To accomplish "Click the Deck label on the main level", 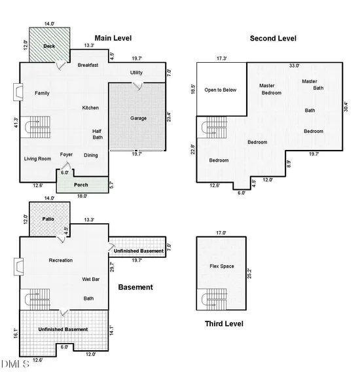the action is (49, 46).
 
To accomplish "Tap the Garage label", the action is (139, 118).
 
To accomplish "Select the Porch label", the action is (81, 185).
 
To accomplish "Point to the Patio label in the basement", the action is (48, 219).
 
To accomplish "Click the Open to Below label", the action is (221, 90).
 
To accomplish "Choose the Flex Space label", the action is (222, 266).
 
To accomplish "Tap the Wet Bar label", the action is (91, 279).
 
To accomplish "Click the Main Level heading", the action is (113, 38).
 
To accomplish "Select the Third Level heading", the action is (224, 323).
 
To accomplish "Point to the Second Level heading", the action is (273, 39).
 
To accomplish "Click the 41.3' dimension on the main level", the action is (16, 122).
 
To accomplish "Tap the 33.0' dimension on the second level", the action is (294, 65).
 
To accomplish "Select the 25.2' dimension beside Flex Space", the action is (249, 274).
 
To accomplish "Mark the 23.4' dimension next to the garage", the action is (169, 117).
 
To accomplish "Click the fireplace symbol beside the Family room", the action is (18, 92).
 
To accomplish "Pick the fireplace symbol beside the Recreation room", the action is (18, 267).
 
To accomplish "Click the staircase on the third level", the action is (214, 299).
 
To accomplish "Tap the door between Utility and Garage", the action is (137, 86).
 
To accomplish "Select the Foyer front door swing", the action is (65, 166).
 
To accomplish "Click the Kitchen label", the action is (90, 107).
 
